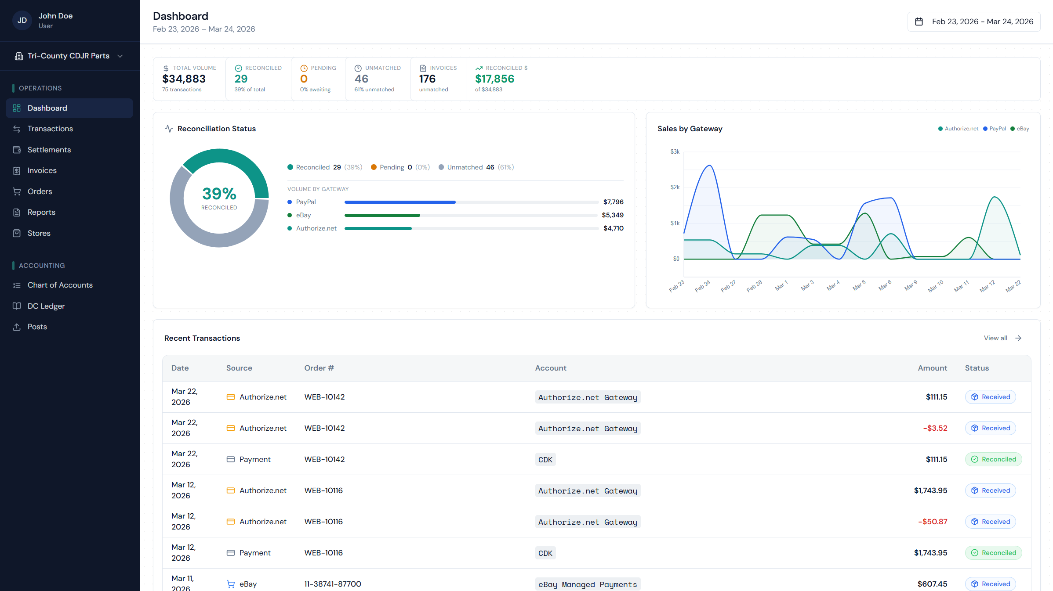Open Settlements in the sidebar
tap(49, 150)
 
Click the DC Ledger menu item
tap(46, 306)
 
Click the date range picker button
tap(973, 22)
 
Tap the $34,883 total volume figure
tap(184, 79)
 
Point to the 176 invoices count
tap(427, 79)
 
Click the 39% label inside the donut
tap(219, 194)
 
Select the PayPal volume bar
tap(399, 202)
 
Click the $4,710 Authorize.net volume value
tap(613, 228)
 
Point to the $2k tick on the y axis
tap(675, 187)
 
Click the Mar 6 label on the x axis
tap(885, 285)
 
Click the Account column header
tap(550, 368)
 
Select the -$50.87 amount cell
tap(932, 522)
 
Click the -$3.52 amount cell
tap(935, 428)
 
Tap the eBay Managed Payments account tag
tap(587, 584)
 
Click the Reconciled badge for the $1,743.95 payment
tap(993, 553)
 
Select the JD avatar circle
tap(22, 21)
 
